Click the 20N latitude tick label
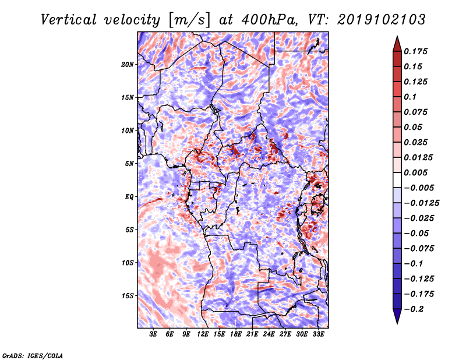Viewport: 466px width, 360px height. click(128, 65)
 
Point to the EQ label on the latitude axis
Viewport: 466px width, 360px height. click(129, 197)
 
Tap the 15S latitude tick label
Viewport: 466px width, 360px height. click(128, 296)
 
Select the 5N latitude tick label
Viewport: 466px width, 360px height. click(129, 164)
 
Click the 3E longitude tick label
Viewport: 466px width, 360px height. click(153, 334)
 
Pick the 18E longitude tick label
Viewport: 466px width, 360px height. click(235, 334)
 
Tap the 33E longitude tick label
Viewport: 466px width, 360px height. click(318, 334)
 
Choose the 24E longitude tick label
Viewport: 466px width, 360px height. click(269, 334)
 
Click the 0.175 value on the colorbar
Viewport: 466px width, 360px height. click(415, 52)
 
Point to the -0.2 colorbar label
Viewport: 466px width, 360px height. click(414, 309)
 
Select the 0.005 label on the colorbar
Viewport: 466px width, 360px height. click(415, 172)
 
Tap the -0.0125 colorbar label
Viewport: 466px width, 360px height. click(421, 203)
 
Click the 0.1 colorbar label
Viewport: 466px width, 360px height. click(410, 97)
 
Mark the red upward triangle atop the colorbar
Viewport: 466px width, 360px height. click(397, 44)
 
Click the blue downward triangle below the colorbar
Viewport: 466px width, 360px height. click(397, 316)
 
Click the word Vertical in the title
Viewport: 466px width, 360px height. click(69, 20)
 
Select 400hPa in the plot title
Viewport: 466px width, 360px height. click(269, 20)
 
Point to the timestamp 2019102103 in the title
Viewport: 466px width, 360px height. click(382, 20)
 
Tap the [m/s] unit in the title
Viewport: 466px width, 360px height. click(190, 20)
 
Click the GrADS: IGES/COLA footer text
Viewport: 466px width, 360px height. click(33, 355)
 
